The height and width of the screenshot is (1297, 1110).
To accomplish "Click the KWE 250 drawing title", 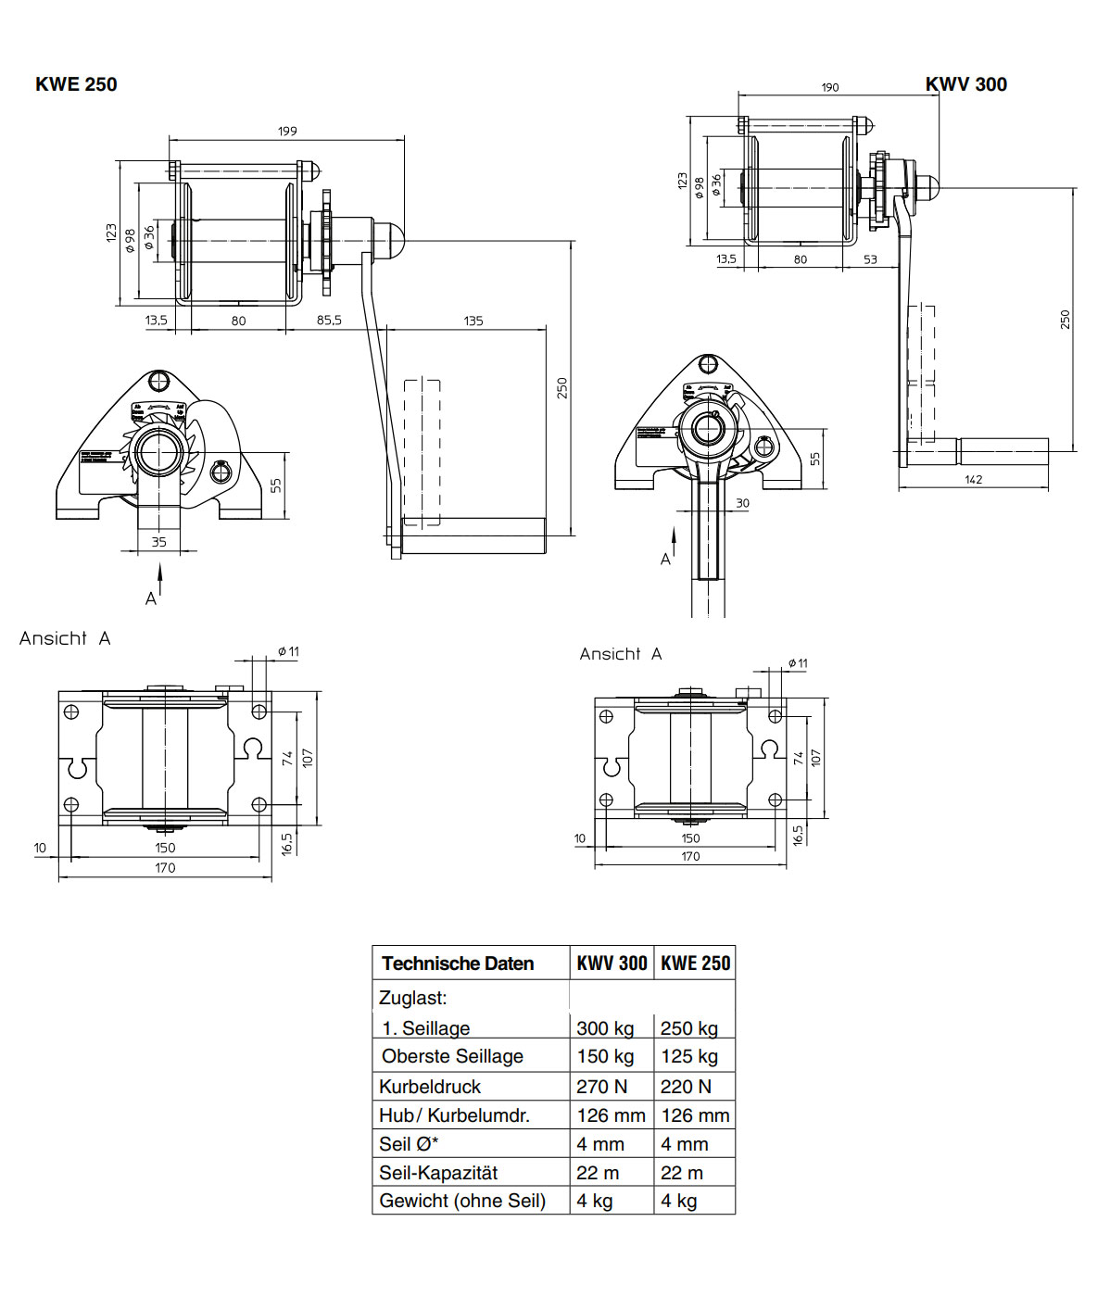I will [76, 84].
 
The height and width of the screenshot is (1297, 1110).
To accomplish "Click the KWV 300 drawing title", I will [965, 84].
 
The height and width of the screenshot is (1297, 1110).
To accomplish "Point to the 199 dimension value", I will [287, 131].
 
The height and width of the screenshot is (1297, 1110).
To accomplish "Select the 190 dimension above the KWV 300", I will [829, 87].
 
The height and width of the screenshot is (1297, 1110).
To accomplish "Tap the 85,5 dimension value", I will [329, 321].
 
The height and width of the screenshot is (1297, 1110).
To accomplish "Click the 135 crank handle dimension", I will [473, 321].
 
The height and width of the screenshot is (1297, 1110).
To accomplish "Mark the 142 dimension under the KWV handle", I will [973, 479].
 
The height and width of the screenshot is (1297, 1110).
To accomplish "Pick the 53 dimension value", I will [870, 259].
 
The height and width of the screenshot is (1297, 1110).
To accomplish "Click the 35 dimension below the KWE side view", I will [159, 542].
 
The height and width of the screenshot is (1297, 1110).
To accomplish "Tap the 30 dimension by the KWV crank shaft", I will [742, 503].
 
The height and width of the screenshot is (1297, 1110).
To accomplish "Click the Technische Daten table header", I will [458, 963].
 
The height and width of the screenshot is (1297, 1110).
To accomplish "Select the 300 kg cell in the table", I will [605, 1028].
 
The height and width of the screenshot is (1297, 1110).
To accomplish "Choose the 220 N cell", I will [686, 1087].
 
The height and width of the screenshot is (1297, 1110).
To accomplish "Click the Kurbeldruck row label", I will [430, 1087].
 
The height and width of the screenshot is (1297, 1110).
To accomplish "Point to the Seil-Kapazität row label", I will [438, 1173].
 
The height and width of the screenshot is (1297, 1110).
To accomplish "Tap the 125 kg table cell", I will [688, 1056].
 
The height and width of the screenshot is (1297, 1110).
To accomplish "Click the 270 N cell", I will [601, 1087].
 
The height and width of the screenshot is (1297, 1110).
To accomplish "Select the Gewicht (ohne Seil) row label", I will [462, 1201].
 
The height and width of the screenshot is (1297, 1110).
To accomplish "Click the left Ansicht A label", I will [65, 638].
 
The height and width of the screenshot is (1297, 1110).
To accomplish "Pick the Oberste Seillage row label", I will [452, 1056].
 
